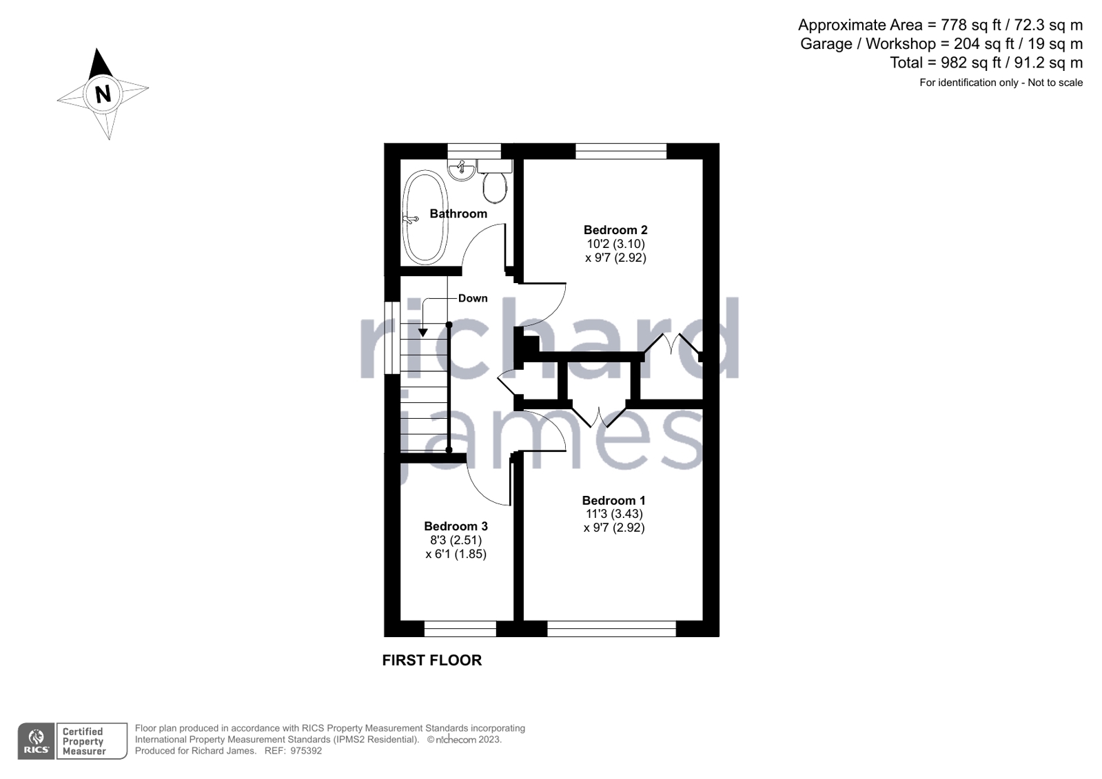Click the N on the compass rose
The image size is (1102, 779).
103,93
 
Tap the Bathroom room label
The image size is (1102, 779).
458,214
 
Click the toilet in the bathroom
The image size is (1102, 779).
495,187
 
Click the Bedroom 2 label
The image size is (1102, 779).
615,230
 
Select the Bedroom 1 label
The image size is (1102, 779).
613,501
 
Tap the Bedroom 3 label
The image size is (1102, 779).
456,526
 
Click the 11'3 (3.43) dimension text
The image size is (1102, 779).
614,514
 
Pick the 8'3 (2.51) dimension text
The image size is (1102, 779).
456,540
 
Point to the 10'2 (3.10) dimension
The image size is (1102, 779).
615,244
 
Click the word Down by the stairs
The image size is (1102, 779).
473,298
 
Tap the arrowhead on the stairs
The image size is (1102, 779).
423,333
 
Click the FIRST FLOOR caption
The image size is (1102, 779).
432,661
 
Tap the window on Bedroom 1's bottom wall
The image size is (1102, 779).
611,628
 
